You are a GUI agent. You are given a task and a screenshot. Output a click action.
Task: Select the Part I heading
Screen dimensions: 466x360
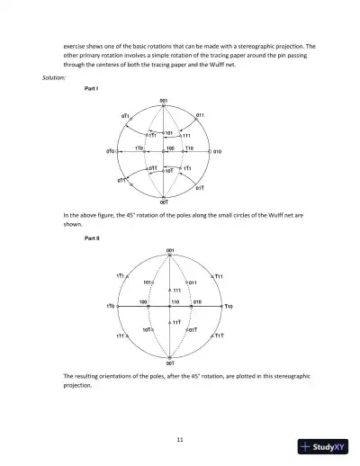tap(91, 90)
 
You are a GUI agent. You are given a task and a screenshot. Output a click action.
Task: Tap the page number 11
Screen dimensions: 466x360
tap(180, 438)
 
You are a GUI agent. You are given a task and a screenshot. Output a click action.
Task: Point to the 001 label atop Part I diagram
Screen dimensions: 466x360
tap(163, 101)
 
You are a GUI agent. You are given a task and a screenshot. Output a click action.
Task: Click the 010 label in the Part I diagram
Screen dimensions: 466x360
tap(218, 152)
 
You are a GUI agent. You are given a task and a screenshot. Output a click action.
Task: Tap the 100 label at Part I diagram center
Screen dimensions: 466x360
tap(170, 145)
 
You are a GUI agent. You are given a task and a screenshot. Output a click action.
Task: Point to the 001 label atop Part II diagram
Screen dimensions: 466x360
tap(170, 249)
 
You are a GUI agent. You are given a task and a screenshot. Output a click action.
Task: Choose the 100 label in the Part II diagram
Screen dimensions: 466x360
tap(142, 301)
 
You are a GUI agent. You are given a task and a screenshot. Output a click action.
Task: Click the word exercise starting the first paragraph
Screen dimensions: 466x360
tap(77, 43)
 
